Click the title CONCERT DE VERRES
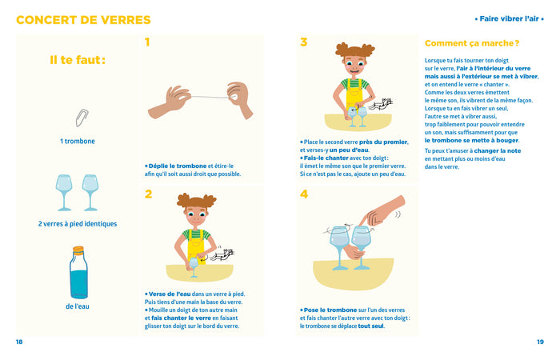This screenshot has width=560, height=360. (83, 20)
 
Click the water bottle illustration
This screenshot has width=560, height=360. (78, 272)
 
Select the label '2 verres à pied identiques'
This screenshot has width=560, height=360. (78, 223)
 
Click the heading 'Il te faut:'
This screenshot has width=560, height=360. (78, 60)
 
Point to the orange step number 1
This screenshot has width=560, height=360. (147, 42)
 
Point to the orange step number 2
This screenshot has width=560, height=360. (148, 194)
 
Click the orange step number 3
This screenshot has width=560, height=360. (303, 42)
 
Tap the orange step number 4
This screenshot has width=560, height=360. (303, 194)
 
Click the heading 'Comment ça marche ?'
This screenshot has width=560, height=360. (472, 43)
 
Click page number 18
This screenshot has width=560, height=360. (19, 342)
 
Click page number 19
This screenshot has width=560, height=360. (540, 342)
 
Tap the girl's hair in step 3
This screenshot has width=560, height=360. (354, 51)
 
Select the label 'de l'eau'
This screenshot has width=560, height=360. (78, 306)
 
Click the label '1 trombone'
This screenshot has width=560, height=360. (78, 141)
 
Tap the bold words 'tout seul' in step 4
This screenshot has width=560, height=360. (370, 326)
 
